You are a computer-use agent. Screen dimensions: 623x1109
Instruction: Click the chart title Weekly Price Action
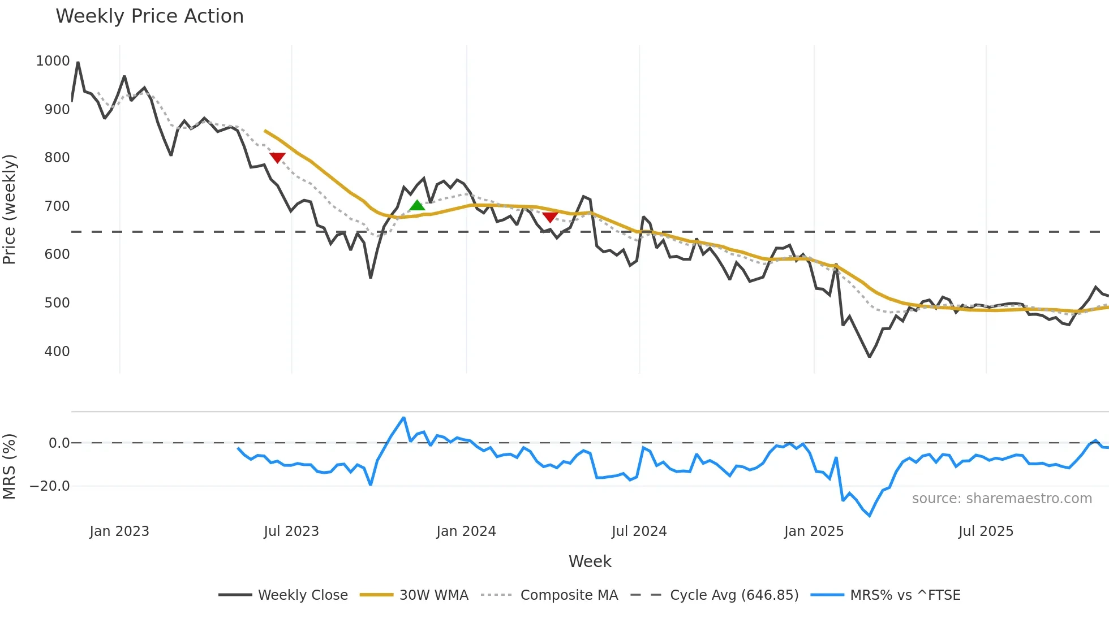pos(149,16)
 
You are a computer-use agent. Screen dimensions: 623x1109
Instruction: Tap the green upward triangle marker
pos(417,205)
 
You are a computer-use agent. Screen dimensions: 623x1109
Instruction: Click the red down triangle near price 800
pos(277,158)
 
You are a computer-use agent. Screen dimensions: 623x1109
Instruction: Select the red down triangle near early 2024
pos(550,217)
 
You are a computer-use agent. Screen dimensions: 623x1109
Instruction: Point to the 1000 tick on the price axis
pos(53,61)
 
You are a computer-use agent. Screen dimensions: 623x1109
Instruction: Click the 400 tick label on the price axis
pos(57,352)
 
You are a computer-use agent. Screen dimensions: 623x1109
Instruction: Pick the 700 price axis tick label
pos(57,206)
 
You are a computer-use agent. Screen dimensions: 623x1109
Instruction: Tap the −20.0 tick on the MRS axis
pos(50,486)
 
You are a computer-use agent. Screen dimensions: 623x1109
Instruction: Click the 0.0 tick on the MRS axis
pos(59,443)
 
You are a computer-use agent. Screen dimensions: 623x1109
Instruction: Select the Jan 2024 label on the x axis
pos(466,531)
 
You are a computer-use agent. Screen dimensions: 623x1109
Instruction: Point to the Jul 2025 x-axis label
pos(986,531)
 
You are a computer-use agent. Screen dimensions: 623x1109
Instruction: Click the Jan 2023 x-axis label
pos(119,531)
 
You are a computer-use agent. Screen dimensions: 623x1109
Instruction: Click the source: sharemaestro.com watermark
pos(1001,499)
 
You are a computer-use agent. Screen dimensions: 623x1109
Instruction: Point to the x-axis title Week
pos(590,561)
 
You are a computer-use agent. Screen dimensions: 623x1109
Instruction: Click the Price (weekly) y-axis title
pos(10,209)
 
